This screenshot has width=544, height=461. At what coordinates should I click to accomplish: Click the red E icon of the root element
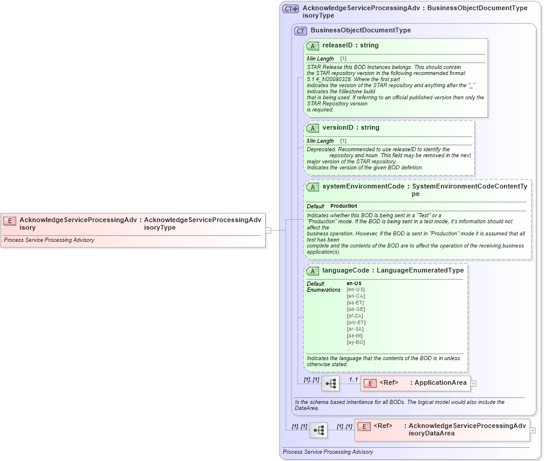point(10,220)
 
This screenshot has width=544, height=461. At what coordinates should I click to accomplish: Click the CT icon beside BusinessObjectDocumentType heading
point(300,31)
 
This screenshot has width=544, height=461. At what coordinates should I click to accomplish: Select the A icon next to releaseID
point(312,46)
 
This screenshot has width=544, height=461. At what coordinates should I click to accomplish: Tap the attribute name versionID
point(341,128)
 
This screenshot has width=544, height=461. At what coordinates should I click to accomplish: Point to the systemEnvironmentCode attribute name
point(363,187)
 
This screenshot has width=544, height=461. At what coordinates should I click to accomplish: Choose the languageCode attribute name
point(345,271)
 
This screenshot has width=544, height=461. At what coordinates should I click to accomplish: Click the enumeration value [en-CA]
point(356,296)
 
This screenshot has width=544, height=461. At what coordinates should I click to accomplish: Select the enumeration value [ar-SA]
point(356,329)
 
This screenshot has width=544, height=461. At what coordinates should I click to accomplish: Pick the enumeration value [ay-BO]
point(356,342)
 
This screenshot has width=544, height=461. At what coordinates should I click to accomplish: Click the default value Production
point(344,206)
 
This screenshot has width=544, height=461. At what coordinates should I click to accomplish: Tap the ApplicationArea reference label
point(440,383)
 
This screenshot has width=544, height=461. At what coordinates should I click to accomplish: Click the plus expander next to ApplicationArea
point(473,383)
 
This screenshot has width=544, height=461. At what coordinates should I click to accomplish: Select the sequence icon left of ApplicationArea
point(330,383)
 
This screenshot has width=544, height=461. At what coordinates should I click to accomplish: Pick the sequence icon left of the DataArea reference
point(318,430)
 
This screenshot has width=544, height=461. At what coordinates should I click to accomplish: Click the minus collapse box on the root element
point(268,230)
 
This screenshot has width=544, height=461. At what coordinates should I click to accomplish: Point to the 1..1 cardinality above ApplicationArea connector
point(353,379)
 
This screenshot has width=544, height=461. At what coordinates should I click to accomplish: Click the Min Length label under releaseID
point(320,59)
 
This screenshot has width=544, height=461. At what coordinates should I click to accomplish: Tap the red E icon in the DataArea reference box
point(363,426)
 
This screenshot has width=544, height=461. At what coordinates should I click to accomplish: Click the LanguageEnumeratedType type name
point(420,271)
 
